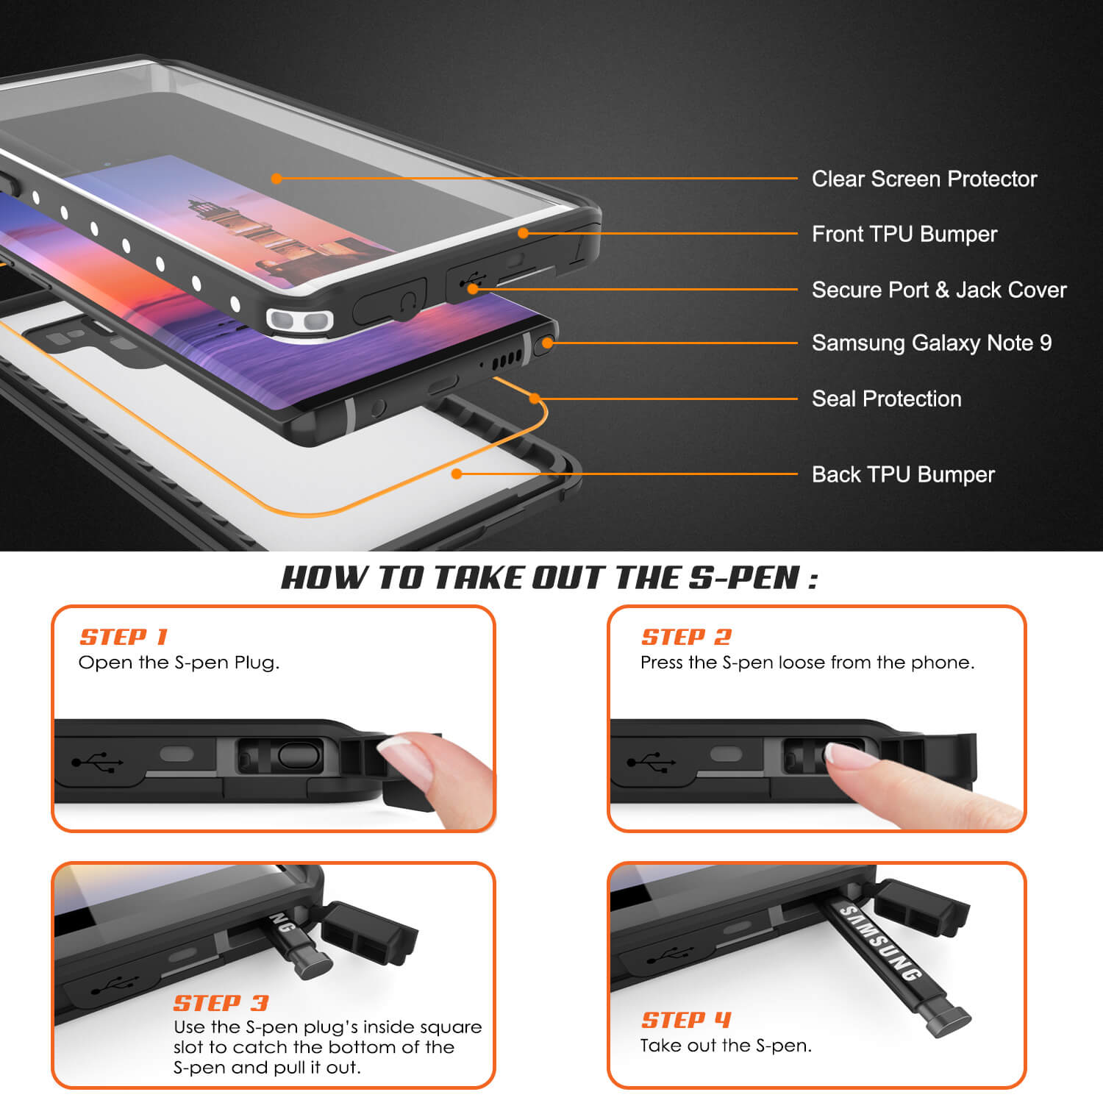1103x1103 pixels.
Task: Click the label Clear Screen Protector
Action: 924,179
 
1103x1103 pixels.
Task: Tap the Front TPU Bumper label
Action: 904,234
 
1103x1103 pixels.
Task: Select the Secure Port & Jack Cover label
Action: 938,290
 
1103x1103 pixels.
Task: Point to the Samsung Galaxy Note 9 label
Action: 931,343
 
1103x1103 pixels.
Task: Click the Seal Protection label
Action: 886,399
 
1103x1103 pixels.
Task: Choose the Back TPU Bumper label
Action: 902,474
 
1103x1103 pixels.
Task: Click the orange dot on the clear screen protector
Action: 276,178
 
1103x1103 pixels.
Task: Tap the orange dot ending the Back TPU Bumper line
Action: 457,474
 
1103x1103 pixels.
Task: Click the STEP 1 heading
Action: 124,637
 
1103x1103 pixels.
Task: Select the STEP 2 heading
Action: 686,637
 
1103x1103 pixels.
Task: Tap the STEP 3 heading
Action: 221,1003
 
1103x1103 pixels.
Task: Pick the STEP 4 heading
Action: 685,1020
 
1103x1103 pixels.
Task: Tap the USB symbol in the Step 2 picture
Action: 651,761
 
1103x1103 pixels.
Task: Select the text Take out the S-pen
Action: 726,1046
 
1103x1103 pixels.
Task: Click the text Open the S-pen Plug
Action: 179,663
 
